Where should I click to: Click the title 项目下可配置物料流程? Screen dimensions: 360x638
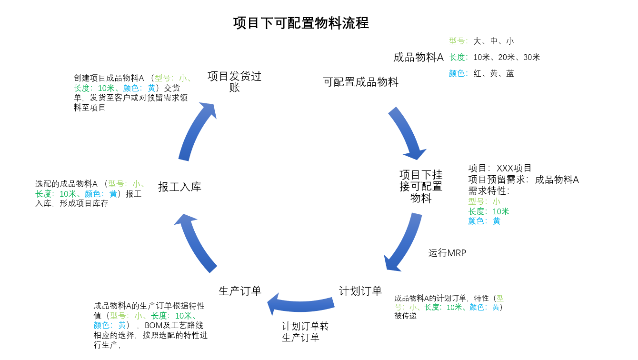(x=301, y=23)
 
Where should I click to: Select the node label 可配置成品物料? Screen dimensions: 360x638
(x=360, y=82)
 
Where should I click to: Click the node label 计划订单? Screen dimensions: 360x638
(x=360, y=291)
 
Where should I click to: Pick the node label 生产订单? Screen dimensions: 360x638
(x=240, y=291)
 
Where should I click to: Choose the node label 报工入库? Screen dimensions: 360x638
(x=179, y=187)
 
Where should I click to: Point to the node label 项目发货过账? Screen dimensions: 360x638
(x=234, y=81)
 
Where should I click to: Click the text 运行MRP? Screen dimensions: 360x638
(x=447, y=253)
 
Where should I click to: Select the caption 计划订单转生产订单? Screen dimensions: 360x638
(x=305, y=332)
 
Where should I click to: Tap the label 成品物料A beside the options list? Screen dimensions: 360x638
(x=418, y=58)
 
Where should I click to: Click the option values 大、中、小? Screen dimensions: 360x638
(x=493, y=41)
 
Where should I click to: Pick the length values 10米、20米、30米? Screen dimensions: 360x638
(x=506, y=58)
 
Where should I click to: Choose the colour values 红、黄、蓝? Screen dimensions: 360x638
(x=493, y=74)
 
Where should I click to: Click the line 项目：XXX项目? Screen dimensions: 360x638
(x=500, y=168)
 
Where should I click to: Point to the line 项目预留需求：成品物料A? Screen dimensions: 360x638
(x=523, y=180)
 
